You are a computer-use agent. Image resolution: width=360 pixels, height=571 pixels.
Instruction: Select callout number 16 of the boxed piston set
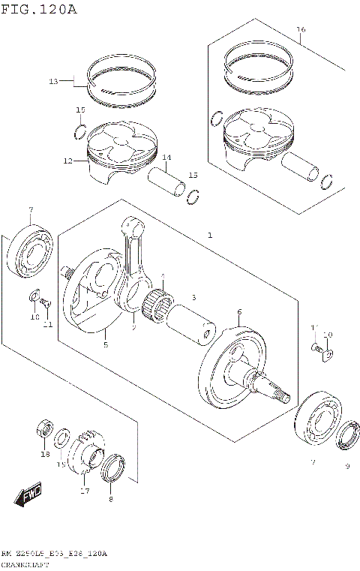(301, 30)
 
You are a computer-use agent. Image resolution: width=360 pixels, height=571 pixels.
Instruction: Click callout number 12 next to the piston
(67, 161)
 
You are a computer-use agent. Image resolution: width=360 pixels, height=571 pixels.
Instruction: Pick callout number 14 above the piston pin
(166, 158)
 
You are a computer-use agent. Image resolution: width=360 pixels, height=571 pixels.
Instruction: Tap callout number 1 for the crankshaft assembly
(211, 236)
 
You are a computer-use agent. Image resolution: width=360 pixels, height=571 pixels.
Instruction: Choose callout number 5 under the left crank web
(105, 344)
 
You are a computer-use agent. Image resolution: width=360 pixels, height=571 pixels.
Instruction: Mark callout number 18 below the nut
(44, 455)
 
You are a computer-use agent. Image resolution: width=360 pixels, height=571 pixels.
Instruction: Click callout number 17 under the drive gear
(85, 491)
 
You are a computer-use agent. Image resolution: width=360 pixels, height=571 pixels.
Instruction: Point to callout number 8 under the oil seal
(111, 499)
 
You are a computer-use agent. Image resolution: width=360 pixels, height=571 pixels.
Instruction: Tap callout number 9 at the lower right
(347, 465)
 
